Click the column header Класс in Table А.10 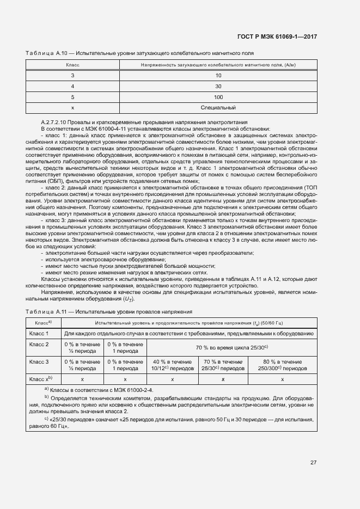[x=72, y=65]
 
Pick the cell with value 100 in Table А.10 [x=218, y=97]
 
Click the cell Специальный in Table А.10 [x=218, y=108]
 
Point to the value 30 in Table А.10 [x=218, y=86]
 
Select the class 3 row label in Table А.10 [x=72, y=75]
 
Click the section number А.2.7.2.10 [x=57, y=122]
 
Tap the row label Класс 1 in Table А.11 [x=39, y=333]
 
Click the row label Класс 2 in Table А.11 [x=39, y=345]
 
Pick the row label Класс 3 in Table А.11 [x=39, y=361]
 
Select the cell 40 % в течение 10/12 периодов [x=172, y=365]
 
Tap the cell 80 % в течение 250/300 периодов [x=282, y=365]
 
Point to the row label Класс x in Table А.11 [x=40, y=378]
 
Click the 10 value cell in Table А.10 [x=218, y=75]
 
